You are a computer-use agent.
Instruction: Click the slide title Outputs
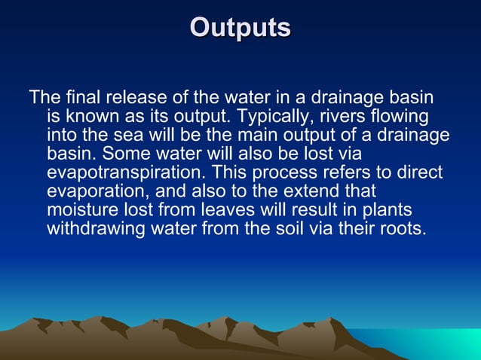click(x=240, y=27)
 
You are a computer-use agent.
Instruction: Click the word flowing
click(x=400, y=117)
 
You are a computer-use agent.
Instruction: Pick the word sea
click(x=138, y=136)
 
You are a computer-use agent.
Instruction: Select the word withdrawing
click(x=93, y=227)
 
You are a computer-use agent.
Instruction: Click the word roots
click(x=403, y=227)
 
